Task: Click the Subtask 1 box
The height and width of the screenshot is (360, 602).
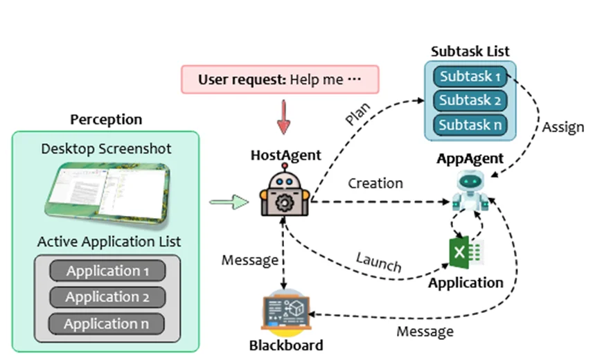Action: coord(470,77)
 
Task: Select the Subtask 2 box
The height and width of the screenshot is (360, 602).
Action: coord(470,100)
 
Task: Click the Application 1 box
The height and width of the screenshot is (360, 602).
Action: coord(107,271)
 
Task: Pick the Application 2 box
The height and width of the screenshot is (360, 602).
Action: coord(107,297)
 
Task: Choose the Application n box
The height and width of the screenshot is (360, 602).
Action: coord(107,323)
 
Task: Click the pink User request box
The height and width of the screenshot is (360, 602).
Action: coord(280,80)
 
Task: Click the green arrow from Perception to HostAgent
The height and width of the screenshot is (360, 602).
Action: coord(229,202)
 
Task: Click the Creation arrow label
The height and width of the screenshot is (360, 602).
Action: coord(375,183)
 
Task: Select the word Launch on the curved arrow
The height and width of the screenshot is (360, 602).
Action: coord(378,262)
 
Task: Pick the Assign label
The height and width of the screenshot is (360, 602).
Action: coord(563,127)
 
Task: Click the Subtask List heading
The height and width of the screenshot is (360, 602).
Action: coord(470,51)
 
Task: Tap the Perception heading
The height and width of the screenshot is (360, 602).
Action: coord(106,119)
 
